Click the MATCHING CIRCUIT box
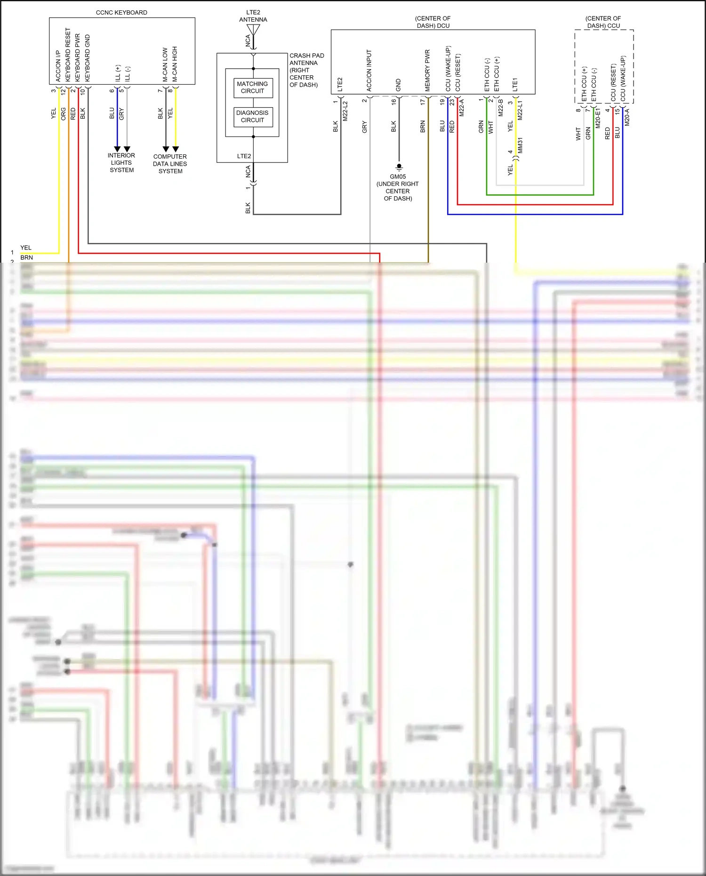(x=253, y=88)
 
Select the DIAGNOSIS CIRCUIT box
(x=253, y=117)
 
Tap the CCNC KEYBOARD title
(x=121, y=13)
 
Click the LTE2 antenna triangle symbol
(x=253, y=30)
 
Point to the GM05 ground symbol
(x=399, y=167)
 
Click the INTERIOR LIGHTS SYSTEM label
(x=121, y=163)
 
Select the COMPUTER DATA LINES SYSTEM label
(x=170, y=164)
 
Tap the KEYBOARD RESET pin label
(x=68, y=54)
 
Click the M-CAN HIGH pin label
(x=175, y=64)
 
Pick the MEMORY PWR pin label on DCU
(x=427, y=70)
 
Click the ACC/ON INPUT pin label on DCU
(x=369, y=70)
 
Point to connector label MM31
(x=520, y=145)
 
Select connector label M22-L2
(x=345, y=111)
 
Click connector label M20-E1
(x=598, y=117)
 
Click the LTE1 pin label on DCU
(x=515, y=85)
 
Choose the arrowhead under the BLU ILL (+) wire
(x=117, y=149)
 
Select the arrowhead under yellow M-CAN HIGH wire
(x=176, y=149)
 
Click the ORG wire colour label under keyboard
(x=64, y=113)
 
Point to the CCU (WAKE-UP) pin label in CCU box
(x=623, y=78)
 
